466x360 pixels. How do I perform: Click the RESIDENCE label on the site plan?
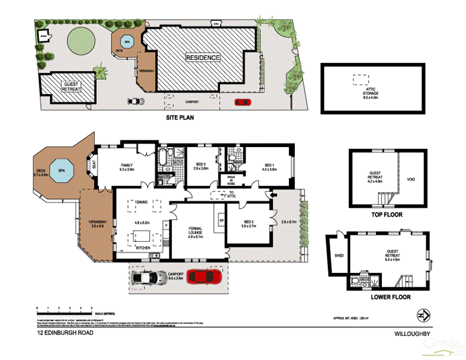[202, 58]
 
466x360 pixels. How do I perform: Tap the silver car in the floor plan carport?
[150, 277]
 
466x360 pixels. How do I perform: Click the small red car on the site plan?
[242, 102]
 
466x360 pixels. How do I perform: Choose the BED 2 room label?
[248, 224]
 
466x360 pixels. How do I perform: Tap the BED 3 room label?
[202, 167]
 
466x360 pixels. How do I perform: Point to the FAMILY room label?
[126, 167]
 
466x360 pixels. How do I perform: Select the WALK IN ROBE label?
[230, 179]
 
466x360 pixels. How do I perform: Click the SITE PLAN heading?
[180, 118]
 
